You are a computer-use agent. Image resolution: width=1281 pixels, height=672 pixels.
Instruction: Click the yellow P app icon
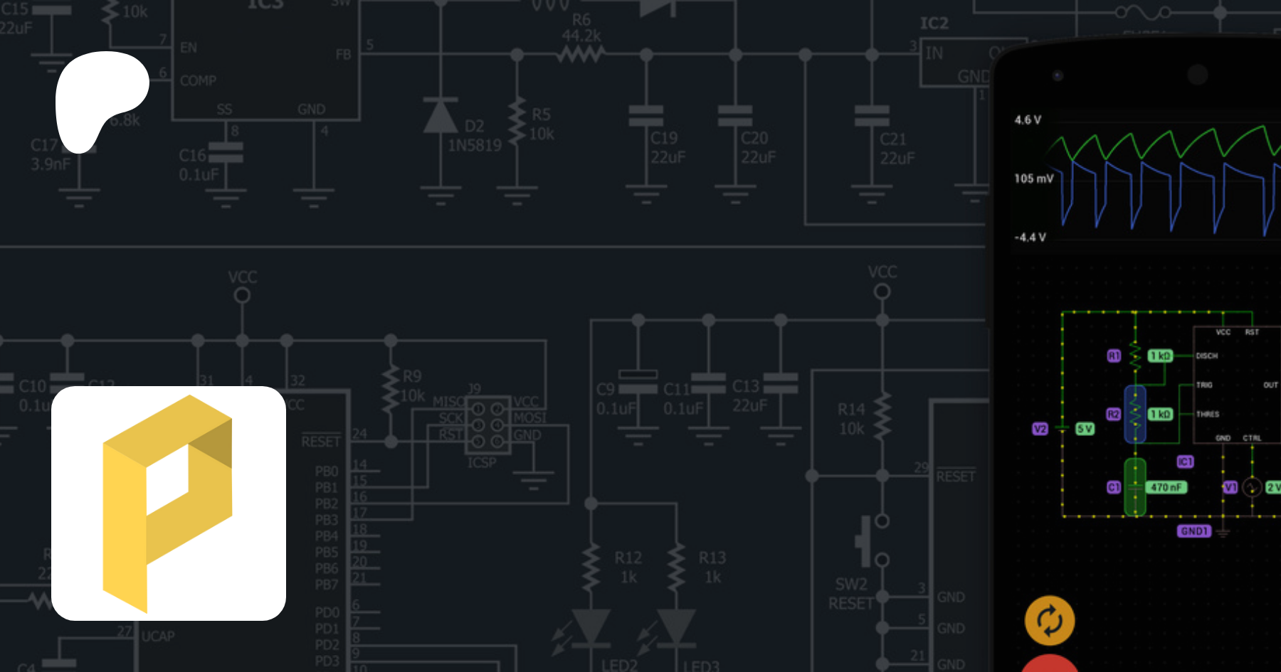(x=169, y=503)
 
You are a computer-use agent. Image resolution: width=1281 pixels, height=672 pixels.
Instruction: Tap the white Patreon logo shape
(x=100, y=96)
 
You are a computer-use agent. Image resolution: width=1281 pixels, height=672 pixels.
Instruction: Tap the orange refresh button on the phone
(x=1050, y=620)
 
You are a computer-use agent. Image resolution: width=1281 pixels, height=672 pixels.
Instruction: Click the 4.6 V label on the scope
(x=1028, y=120)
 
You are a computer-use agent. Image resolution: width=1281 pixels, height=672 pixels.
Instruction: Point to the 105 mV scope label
(x=1033, y=178)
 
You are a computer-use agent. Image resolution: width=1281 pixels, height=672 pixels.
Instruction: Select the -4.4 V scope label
(x=1030, y=238)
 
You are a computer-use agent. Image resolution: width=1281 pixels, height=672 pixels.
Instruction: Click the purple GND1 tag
(x=1194, y=531)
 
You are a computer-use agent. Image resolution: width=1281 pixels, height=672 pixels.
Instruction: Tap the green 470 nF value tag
(x=1166, y=487)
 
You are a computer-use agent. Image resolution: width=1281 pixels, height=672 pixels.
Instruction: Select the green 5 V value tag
(x=1085, y=429)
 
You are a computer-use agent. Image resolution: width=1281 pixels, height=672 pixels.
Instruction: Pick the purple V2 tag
(x=1040, y=429)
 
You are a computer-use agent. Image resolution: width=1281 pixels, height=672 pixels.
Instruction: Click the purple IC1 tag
(x=1185, y=462)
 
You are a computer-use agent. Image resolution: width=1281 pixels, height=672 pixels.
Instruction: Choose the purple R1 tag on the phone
(x=1114, y=356)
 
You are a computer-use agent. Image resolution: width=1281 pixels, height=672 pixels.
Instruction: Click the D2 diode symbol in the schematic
(x=441, y=116)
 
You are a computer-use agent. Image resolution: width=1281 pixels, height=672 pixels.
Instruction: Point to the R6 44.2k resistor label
(x=581, y=28)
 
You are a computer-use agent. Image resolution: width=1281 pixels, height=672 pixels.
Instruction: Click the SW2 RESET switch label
(x=851, y=594)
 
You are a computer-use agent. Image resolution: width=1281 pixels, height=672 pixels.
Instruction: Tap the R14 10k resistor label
(x=851, y=419)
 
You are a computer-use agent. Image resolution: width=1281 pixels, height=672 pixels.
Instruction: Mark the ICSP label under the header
(x=482, y=462)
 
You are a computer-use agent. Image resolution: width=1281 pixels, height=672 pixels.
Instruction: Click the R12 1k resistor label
(x=628, y=567)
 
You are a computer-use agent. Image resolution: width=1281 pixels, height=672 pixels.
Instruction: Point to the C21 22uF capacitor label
(x=897, y=149)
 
